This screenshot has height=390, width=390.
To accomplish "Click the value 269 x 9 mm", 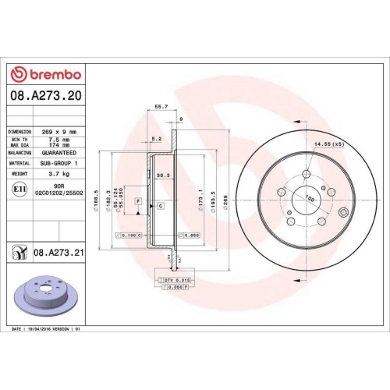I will pyautogui.click(x=60, y=133).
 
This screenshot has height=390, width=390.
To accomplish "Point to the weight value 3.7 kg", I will pyautogui.click(x=60, y=173).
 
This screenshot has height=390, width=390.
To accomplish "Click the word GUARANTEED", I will pyautogui.click(x=60, y=153).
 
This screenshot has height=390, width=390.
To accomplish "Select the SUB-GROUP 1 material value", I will pyautogui.click(x=60, y=163).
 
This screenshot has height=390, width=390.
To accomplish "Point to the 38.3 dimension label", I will pyautogui.click(x=164, y=176).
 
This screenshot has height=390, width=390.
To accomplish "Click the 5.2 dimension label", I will pyautogui.click(x=157, y=140).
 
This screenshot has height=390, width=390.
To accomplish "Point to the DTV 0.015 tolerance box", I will pyautogui.click(x=177, y=278).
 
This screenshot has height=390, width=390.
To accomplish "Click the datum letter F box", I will pyautogui.click(x=137, y=201).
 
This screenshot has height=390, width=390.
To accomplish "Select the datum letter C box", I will pyautogui.click(x=160, y=205).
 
